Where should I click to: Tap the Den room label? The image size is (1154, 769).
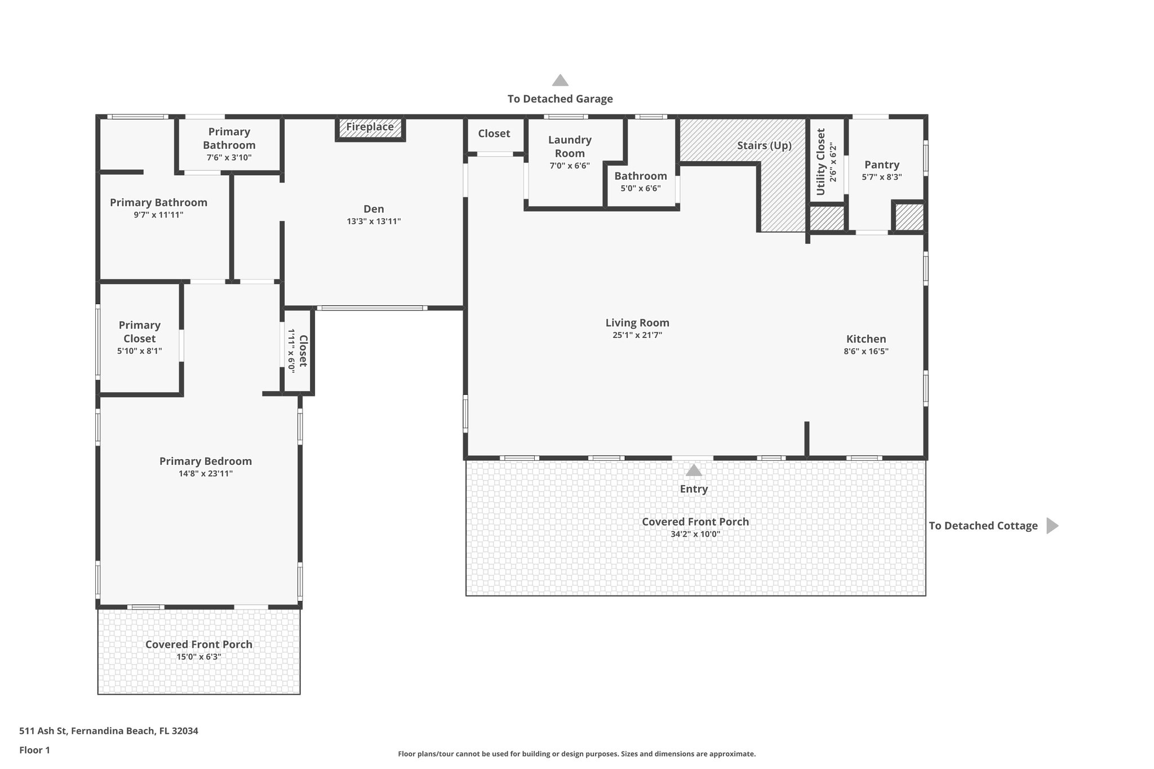pos(374,209)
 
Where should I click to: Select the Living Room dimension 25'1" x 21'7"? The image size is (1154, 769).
pos(637,335)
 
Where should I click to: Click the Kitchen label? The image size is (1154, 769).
pos(866,339)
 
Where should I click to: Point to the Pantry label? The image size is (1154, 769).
pos(882,165)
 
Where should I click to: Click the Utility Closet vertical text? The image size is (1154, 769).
pos(821,162)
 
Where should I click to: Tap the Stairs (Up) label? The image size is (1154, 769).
pos(764,146)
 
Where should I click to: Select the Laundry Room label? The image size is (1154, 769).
pos(570,146)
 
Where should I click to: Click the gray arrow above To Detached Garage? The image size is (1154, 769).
pos(560,81)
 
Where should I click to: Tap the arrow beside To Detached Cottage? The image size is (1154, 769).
pos(1051,526)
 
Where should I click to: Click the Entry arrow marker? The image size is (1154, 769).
pos(694,470)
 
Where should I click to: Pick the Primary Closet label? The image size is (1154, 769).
pos(140,332)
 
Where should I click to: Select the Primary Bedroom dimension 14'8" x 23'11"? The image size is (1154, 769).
pos(206,474)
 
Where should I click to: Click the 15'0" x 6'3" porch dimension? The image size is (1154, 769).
pos(199,657)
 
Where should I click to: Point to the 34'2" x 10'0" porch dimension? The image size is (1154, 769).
pos(695,534)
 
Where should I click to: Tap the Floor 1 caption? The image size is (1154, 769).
pos(35,750)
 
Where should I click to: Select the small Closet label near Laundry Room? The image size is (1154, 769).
pos(494,134)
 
